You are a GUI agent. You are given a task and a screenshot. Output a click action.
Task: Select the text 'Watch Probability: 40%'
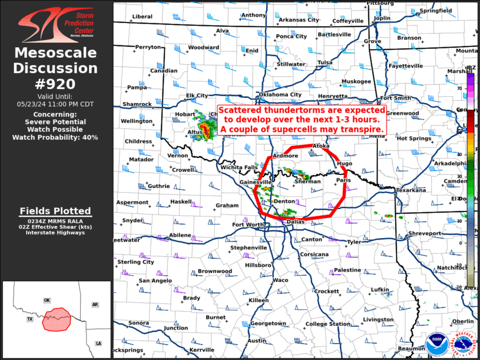(55, 137)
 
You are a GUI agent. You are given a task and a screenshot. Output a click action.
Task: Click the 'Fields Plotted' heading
(55, 211)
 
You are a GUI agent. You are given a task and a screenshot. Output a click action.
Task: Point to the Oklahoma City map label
(280, 94)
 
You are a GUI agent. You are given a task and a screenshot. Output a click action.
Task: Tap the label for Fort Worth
(249, 224)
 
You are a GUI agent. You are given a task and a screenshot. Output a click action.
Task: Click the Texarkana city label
(411, 190)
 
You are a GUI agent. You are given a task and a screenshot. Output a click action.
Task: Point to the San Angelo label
(155, 280)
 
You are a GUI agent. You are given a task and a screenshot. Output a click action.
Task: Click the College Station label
(328, 323)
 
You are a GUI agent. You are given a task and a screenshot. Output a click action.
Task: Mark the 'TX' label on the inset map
(29, 319)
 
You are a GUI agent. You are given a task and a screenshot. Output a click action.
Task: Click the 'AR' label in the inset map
(95, 305)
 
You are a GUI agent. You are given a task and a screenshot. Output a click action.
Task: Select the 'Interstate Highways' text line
(55, 232)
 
